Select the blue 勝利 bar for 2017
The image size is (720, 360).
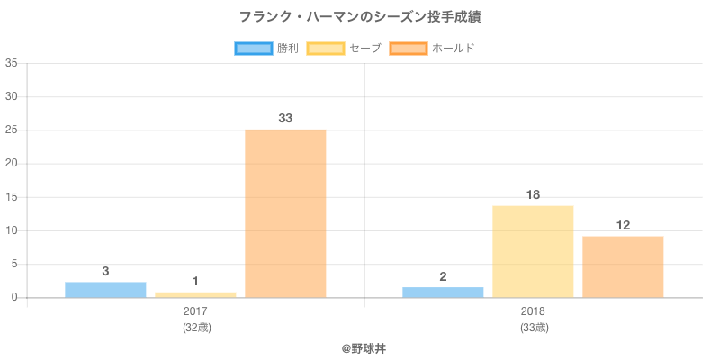coord(105,290)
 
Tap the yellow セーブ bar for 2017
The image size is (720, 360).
coord(195,294)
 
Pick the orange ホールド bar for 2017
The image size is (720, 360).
coord(285,213)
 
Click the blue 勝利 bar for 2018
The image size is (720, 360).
coord(443,292)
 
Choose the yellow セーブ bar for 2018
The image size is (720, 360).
coord(533,251)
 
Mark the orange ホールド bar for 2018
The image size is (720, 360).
coord(623,266)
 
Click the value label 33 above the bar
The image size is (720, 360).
coord(285,118)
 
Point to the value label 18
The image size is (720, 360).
coord(533,194)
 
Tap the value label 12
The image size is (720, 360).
coord(623,225)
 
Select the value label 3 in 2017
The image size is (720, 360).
coord(105,271)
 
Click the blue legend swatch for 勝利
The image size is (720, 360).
coord(253,48)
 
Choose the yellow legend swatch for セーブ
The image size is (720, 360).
coord(326,48)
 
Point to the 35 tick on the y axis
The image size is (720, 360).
coord(11,63)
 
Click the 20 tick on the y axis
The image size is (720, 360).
coord(11,164)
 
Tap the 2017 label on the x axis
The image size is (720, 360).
coord(195,311)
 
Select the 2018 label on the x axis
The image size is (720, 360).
coord(533,311)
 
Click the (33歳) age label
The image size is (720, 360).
coord(533,327)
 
